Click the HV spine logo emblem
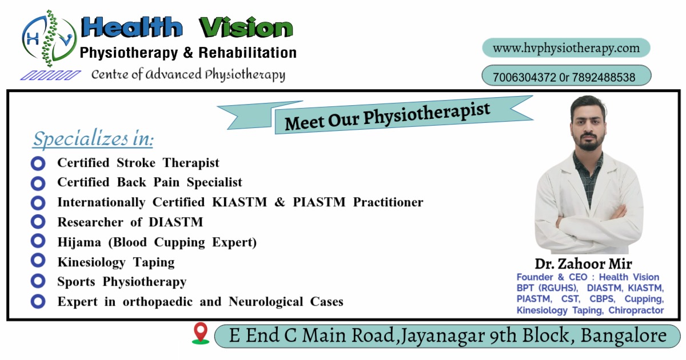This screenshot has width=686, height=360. (x=49, y=38)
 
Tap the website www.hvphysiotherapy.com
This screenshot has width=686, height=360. (x=567, y=49)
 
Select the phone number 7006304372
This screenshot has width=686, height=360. (x=524, y=77)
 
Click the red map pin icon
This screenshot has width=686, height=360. (x=201, y=333)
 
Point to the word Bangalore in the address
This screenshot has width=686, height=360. (x=624, y=335)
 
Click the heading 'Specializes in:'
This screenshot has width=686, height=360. (x=93, y=139)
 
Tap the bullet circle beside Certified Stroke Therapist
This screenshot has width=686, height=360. (x=38, y=163)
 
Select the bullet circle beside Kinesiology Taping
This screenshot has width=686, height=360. (x=38, y=261)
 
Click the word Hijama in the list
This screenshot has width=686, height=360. (x=79, y=242)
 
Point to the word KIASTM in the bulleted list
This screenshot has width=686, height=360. (x=240, y=202)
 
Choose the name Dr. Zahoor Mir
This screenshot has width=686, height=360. (x=584, y=263)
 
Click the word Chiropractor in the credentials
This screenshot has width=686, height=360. (x=636, y=310)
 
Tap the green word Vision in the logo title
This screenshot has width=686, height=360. (x=246, y=27)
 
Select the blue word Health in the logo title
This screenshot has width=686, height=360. (x=131, y=27)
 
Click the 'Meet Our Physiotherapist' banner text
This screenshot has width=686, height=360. (x=388, y=117)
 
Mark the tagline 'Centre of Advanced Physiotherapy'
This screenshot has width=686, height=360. (x=188, y=75)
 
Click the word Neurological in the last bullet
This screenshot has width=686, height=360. (x=266, y=302)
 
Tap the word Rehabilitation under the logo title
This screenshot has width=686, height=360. (x=248, y=53)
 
